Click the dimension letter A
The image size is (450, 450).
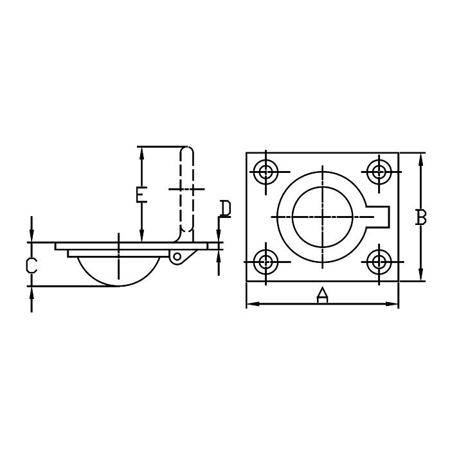(322, 295)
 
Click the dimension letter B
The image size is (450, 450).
(420, 217)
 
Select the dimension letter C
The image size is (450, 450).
(32, 265)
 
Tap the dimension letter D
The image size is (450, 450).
(225, 208)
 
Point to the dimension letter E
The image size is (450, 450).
(141, 195)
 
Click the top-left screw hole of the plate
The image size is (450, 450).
(266, 172)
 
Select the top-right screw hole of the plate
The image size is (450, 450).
(379, 172)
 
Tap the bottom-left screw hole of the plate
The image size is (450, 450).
(266, 262)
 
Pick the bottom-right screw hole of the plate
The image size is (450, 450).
(379, 262)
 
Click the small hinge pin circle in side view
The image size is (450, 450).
(177, 256)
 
